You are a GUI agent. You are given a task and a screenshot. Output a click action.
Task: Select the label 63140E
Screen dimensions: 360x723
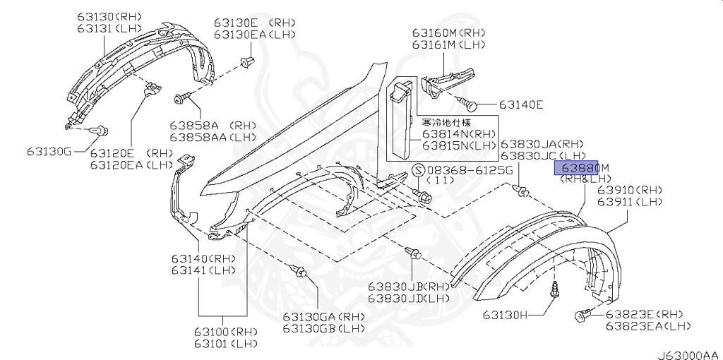point(521,105)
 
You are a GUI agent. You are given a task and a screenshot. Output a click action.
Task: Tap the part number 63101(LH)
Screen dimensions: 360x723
point(227,344)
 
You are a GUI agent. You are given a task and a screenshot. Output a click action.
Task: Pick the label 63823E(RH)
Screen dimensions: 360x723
point(645,314)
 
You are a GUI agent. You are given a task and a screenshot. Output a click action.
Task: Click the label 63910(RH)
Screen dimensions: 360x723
point(631,191)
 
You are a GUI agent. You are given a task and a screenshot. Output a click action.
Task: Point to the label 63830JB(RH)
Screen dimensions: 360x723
point(408,287)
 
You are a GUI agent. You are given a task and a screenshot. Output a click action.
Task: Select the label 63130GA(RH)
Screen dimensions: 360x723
point(324,318)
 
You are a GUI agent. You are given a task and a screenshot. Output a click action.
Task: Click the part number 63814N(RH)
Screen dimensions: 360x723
point(460,133)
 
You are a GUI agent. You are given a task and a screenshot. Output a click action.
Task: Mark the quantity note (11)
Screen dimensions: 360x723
point(441,181)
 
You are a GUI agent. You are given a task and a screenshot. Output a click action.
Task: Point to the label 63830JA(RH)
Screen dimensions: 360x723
point(543,143)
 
